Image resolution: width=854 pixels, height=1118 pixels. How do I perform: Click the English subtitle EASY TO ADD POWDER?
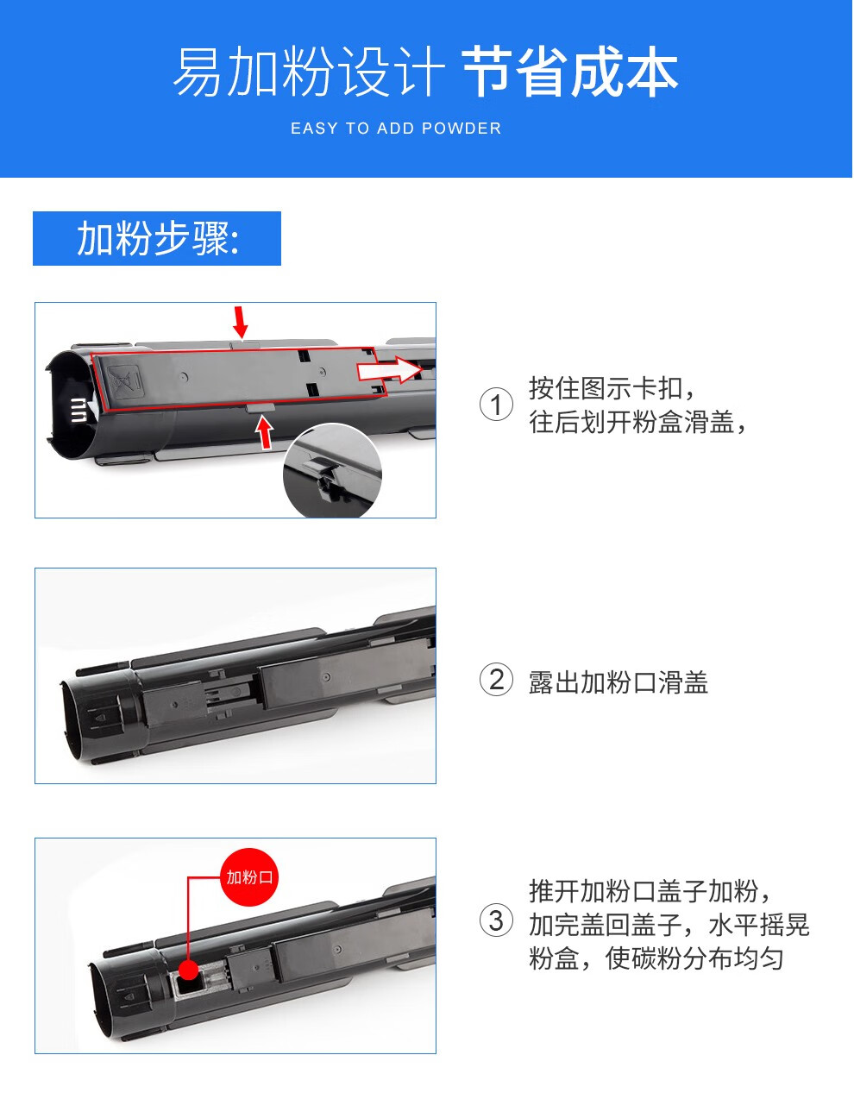click(396, 129)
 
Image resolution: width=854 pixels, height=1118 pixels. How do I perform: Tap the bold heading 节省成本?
click(570, 72)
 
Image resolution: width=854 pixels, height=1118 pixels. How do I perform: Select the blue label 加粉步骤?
click(157, 238)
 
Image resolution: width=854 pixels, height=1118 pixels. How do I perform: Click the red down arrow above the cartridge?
click(241, 323)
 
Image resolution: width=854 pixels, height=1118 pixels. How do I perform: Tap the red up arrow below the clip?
click(264, 432)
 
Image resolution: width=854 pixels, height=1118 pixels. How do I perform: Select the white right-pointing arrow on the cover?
click(390, 370)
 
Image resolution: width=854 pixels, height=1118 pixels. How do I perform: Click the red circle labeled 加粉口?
click(249, 877)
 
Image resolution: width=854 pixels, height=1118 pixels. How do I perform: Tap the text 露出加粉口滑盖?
click(619, 682)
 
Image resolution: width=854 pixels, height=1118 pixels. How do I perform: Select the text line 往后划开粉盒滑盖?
click(637, 422)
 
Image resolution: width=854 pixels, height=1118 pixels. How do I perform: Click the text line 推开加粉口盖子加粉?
click(650, 891)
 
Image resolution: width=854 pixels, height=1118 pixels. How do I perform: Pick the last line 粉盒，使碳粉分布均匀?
click(656, 958)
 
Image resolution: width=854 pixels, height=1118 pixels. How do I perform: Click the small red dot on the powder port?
click(188, 970)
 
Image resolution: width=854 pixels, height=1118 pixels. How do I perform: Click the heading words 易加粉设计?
click(309, 72)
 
